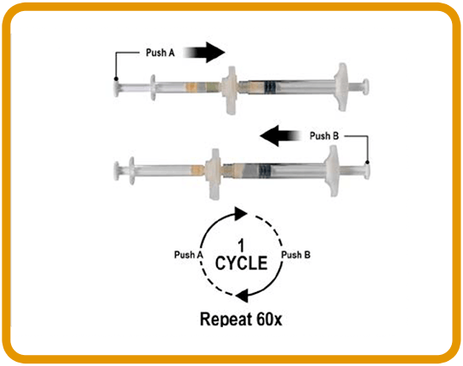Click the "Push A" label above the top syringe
pos(160,53)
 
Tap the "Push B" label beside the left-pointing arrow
pos(324,136)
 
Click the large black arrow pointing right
pos(204,53)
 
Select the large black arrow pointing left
pos(280,136)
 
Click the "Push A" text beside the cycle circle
pos(188,255)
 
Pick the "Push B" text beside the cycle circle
pos(295,255)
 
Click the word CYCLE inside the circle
pos(241,263)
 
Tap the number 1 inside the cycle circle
pos(241,245)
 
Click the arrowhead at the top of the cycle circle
pos(241,213)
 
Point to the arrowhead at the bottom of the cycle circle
pos(243,296)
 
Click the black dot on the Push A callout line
pos(117,79)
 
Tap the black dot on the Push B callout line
pos(368,162)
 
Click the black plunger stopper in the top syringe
pos(270,87)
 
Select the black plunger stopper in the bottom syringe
pos(265,170)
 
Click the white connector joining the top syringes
pos(230,89)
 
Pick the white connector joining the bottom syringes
pos(213,174)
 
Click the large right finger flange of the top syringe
pos(341,87)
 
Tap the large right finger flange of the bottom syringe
pos(332,171)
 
